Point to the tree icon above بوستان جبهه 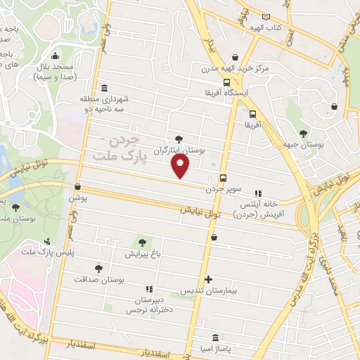(303, 133)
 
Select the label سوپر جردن (223, 189)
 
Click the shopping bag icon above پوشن (77, 187)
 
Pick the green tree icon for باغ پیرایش (142, 243)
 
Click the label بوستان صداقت (99, 279)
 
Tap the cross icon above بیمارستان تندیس (207, 279)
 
